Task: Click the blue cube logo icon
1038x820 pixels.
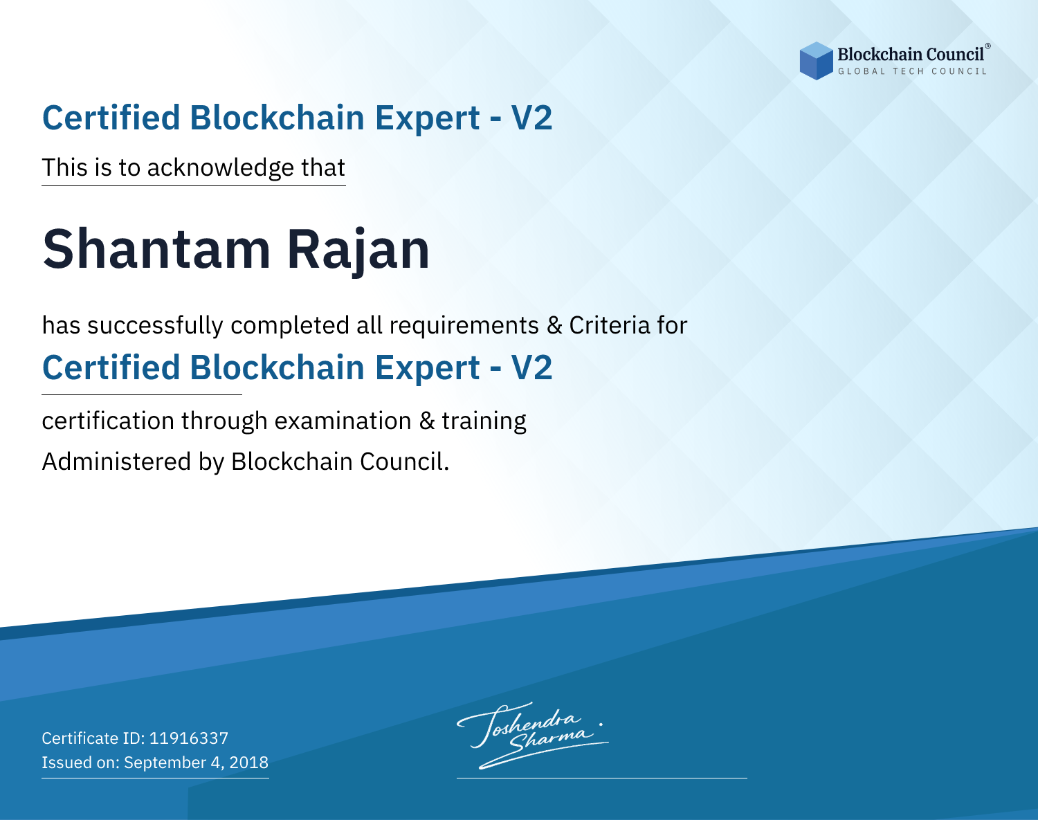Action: pos(816,61)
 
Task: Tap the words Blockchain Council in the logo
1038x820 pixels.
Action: pos(911,55)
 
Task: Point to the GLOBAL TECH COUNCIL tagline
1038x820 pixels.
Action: pos(912,71)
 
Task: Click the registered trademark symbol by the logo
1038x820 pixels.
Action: pos(987,46)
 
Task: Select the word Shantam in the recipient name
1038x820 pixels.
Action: pos(156,249)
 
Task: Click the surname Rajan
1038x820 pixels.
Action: pos(358,252)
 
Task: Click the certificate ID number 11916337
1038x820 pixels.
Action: pos(189,738)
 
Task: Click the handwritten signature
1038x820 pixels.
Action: pos(533,735)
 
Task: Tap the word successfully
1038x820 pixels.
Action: pos(155,326)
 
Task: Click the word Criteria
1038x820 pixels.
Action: pos(609,325)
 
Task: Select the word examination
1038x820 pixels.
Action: pos(343,421)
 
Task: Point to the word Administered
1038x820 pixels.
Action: pos(116,462)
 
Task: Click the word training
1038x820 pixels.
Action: pos(484,421)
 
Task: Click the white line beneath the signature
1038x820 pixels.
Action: pos(601,778)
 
